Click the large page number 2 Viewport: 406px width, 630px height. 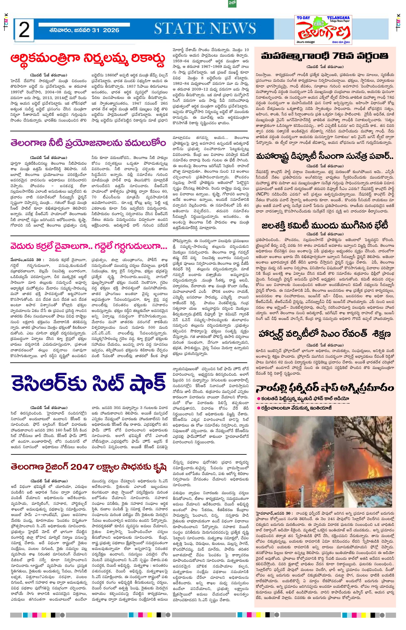[x=24, y=31]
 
